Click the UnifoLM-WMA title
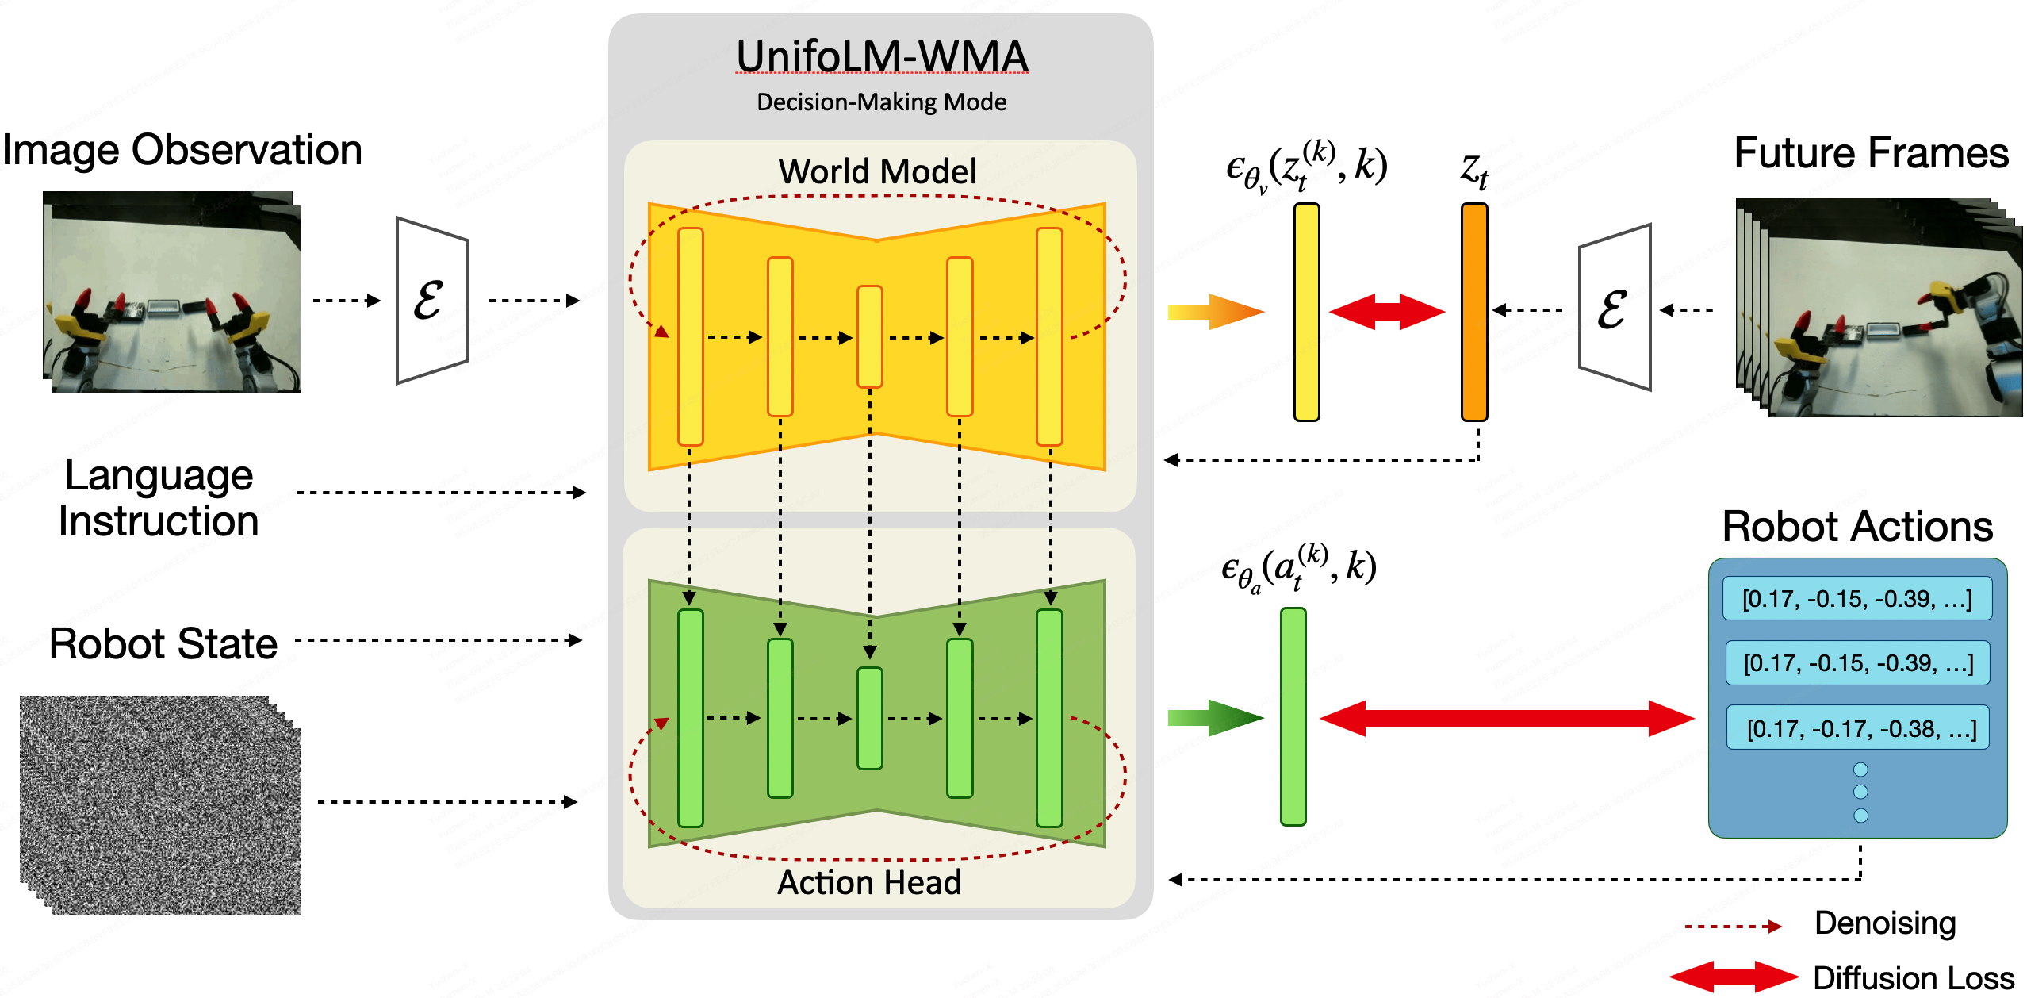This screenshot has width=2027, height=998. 881,57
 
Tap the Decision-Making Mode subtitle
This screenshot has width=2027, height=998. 881,102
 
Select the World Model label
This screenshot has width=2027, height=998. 877,171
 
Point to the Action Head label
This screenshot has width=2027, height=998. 869,882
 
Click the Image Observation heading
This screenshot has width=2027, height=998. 182,150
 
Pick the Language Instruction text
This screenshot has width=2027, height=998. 159,498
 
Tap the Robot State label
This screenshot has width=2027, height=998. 163,643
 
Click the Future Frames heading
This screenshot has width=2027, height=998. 1871,153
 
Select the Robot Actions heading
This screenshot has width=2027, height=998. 1857,527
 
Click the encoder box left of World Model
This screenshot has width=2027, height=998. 432,301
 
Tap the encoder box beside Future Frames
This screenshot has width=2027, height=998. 1615,309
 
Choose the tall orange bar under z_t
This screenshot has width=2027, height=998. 1474,312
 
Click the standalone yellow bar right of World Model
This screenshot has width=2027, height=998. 1306,312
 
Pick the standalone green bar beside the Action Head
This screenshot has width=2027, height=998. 1293,716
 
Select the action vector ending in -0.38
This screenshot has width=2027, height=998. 1858,727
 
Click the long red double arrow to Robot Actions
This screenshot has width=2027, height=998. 1507,718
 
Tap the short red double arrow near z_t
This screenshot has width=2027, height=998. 1387,311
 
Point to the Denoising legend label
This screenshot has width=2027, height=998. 1885,923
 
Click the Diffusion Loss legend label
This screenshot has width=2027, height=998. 1913,978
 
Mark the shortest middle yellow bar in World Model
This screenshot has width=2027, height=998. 870,336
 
